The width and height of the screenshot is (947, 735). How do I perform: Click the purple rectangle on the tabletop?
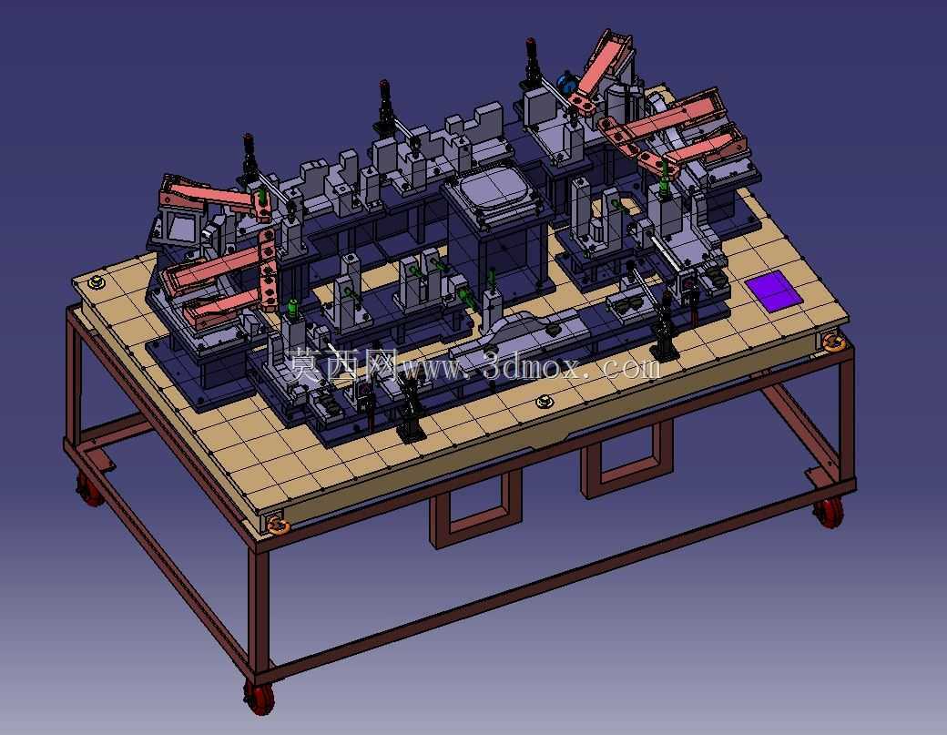pos(772,291)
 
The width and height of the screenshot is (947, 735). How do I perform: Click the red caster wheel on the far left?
pos(89,489)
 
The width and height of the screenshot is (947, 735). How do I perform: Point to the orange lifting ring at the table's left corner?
pos(96,282)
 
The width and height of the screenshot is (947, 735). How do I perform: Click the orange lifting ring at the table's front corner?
pos(278,525)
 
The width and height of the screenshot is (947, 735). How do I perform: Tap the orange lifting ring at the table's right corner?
pos(833,342)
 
